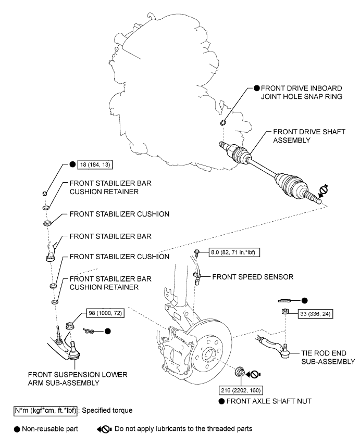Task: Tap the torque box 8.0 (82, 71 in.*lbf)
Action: coord(234,252)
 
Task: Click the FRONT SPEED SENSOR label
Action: coord(253,277)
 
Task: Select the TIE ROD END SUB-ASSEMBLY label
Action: coord(328,358)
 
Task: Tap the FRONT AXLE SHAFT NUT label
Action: coord(269,401)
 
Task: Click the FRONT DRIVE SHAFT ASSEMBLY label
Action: coord(309,136)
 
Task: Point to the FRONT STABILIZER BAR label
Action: coord(110,236)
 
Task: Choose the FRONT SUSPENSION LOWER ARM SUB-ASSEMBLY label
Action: coord(78,378)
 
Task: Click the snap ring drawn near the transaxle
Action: coord(223,122)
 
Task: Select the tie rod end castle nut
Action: coord(284,311)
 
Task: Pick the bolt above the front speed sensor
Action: coord(196,251)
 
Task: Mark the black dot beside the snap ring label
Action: coord(256,88)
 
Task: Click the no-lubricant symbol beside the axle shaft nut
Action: coord(253,375)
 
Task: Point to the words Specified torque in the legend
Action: coord(107,410)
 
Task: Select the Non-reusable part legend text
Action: coord(49,429)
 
